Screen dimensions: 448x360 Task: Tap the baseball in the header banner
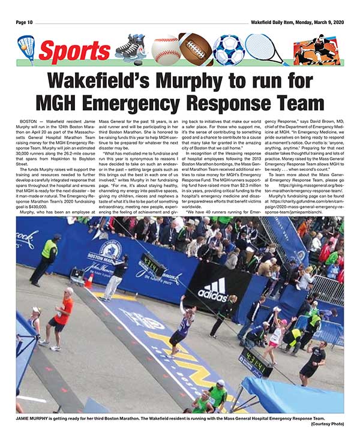click(165, 49)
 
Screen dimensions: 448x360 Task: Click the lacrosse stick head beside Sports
click(26, 45)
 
